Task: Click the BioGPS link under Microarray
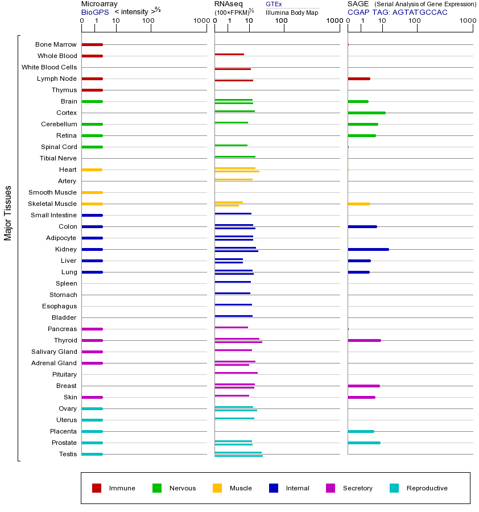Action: click(x=95, y=12)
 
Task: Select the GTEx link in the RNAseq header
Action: click(x=274, y=4)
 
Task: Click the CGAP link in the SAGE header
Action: click(x=358, y=12)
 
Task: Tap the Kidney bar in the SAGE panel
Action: click(x=368, y=249)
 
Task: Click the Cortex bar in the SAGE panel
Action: click(x=366, y=113)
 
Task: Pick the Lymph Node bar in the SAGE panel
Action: click(x=358, y=79)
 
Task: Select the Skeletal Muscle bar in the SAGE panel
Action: click(x=358, y=204)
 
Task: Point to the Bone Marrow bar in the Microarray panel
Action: click(x=92, y=44)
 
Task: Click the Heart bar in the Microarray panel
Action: click(x=92, y=170)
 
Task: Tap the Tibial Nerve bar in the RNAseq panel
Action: click(x=235, y=156)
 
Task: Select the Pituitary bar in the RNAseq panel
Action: click(x=236, y=373)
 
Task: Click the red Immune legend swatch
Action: click(x=97, y=488)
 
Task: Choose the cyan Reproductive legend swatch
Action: click(x=394, y=488)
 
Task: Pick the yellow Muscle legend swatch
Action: click(x=217, y=488)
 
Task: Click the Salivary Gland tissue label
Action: click(x=55, y=352)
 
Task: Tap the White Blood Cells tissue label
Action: click(x=49, y=67)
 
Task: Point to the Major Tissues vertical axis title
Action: click(x=8, y=213)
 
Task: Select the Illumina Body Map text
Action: click(x=292, y=12)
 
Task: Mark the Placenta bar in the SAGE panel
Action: click(x=361, y=431)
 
